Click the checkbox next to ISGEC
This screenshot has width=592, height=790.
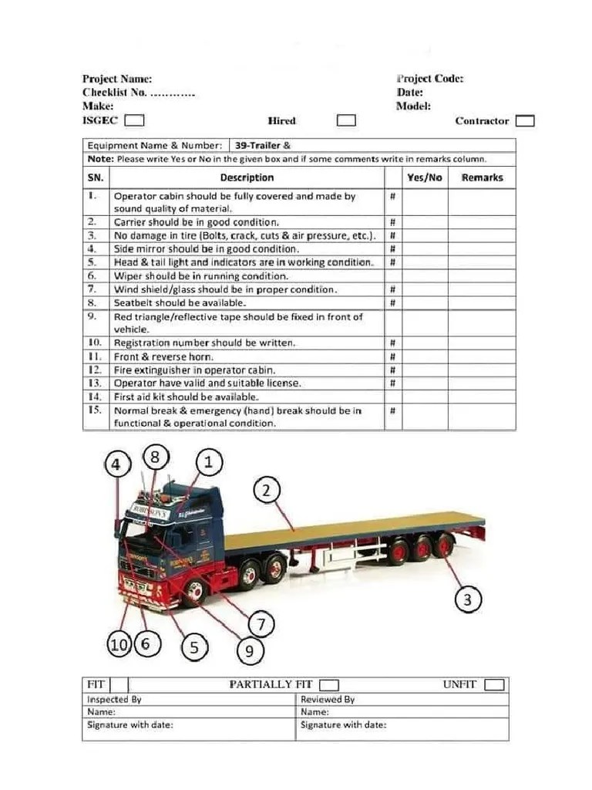[x=134, y=120]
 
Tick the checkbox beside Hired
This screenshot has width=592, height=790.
[x=346, y=120]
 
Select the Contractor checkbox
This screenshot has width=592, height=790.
[x=525, y=120]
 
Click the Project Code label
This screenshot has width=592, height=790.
[x=429, y=79]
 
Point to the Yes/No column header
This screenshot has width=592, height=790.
[x=424, y=177]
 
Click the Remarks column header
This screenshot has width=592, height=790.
[x=482, y=177]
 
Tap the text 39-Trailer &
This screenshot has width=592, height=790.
[x=262, y=145]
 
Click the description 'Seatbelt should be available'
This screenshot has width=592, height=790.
[x=169, y=303]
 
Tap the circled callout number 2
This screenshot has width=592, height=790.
[x=267, y=491]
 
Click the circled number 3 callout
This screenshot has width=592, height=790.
[x=468, y=599]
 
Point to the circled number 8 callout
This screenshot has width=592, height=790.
[x=155, y=457]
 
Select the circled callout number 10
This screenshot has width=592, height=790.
[x=119, y=645]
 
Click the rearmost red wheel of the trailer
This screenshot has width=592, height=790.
[x=443, y=547]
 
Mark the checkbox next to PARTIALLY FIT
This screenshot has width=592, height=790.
[x=329, y=685]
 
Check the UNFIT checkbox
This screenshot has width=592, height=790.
[x=494, y=685]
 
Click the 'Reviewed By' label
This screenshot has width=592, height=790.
[x=328, y=700]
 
